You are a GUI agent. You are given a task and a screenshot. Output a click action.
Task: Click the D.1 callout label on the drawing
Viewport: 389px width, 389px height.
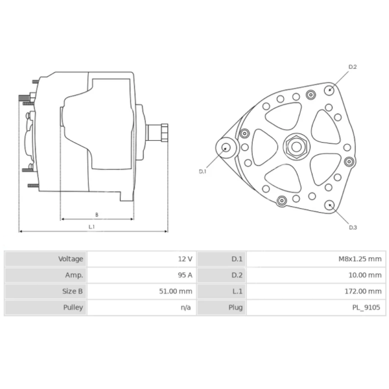click(x=202, y=171)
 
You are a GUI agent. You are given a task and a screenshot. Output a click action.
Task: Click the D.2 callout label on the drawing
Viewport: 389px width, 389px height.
click(x=353, y=67)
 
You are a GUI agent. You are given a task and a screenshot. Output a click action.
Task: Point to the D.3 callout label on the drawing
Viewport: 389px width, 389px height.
click(x=353, y=227)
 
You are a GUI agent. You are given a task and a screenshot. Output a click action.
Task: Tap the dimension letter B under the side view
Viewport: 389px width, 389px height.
click(x=97, y=214)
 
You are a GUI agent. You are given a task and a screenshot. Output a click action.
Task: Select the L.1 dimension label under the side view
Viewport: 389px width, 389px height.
click(x=92, y=226)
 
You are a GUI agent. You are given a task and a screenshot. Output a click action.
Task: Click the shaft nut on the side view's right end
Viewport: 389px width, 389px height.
click(x=163, y=133)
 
